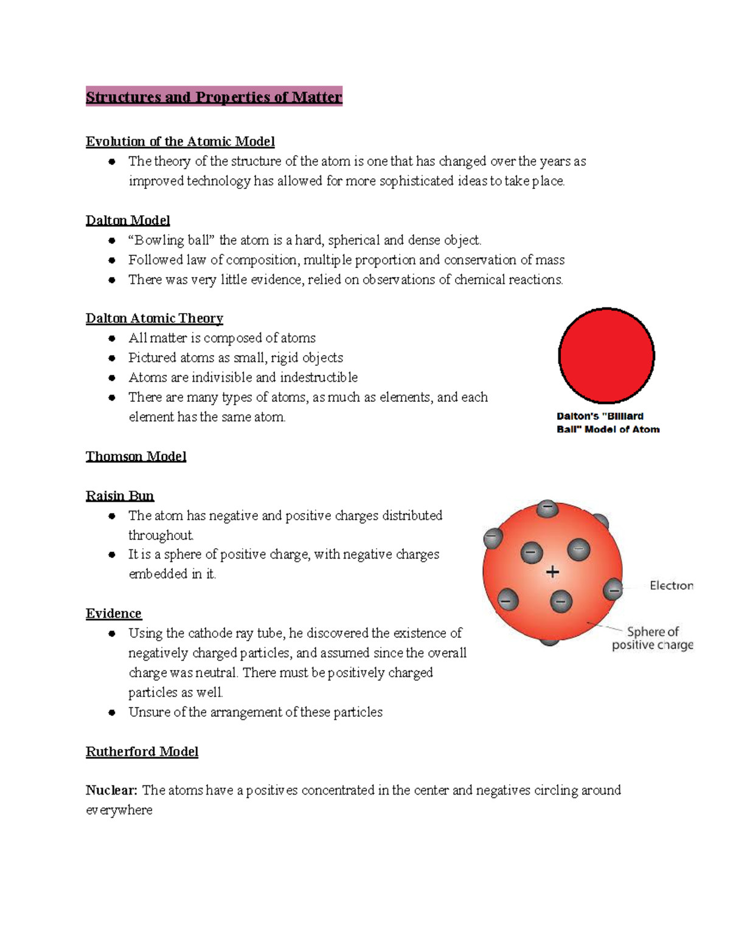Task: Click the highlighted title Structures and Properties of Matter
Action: [214, 97]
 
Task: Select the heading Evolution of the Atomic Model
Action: [180, 142]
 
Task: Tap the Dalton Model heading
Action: [128, 221]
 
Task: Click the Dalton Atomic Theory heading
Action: [155, 319]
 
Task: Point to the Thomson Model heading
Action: [136, 456]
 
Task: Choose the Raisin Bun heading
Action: [120, 496]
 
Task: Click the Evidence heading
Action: [114, 613]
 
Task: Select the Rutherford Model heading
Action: [142, 752]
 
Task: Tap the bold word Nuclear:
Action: [112, 790]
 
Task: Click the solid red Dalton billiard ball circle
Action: [606, 356]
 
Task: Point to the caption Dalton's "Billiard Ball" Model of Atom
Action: [607, 423]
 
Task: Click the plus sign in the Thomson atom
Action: [552, 572]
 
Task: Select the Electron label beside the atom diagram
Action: [671, 585]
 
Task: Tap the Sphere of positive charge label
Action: [652, 638]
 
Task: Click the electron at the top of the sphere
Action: [547, 508]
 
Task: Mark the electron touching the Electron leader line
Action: [613, 590]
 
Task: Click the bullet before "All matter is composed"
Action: [112, 339]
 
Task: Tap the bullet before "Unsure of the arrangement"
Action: [112, 712]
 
